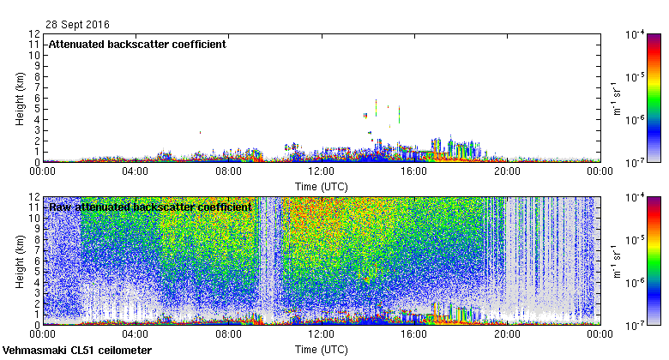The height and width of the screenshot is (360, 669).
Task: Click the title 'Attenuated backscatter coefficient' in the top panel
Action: (137, 44)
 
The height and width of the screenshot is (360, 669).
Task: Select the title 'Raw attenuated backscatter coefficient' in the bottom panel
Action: (150, 207)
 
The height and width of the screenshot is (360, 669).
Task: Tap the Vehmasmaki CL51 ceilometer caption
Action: (77, 351)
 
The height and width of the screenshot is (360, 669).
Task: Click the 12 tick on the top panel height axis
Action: (33, 34)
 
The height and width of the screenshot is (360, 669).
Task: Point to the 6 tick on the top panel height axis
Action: (37, 98)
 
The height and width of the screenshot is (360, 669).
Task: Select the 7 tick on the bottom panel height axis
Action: (37, 250)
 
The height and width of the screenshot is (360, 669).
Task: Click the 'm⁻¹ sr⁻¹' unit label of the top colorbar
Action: (614, 98)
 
